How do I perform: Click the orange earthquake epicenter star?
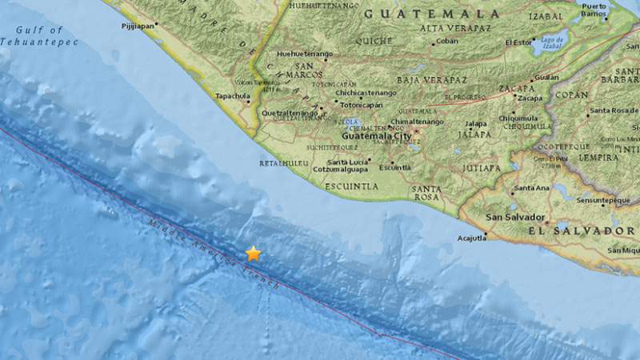(x=253, y=254)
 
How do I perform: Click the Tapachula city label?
(x=233, y=97)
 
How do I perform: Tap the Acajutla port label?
(x=473, y=237)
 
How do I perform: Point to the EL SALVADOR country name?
(x=580, y=230)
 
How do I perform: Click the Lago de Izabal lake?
(x=552, y=40)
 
